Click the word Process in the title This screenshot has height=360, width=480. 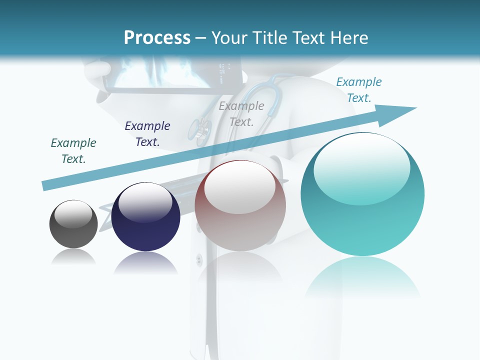point(157,38)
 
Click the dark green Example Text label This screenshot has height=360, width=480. point(73,150)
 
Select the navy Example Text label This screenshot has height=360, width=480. point(147,133)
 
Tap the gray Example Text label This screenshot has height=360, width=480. point(241,113)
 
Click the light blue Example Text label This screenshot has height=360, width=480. point(359,89)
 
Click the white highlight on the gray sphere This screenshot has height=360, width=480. point(73,213)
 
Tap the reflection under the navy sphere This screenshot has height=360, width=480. point(145,262)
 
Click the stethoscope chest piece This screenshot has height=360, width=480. point(199,131)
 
